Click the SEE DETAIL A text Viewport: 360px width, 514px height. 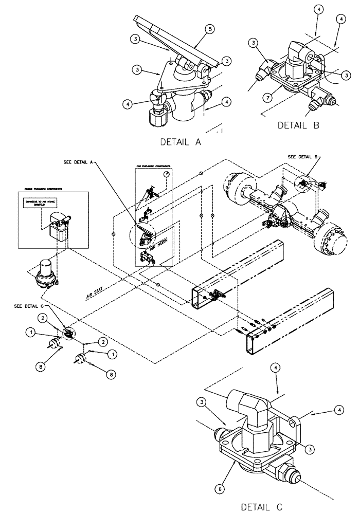(x=77, y=161)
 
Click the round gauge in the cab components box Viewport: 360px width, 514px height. (x=166, y=175)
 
